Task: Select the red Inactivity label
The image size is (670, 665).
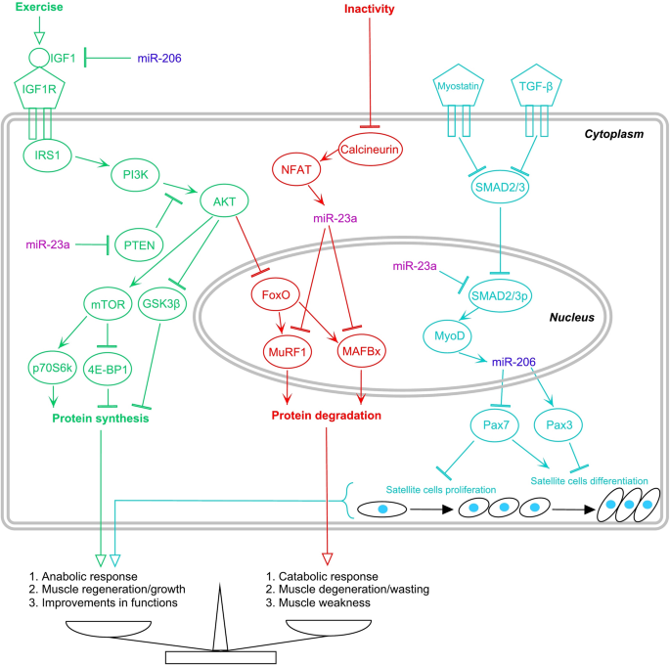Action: pyautogui.click(x=371, y=9)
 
